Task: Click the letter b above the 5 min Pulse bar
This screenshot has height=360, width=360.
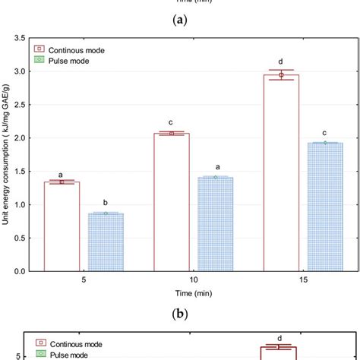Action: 106,203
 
